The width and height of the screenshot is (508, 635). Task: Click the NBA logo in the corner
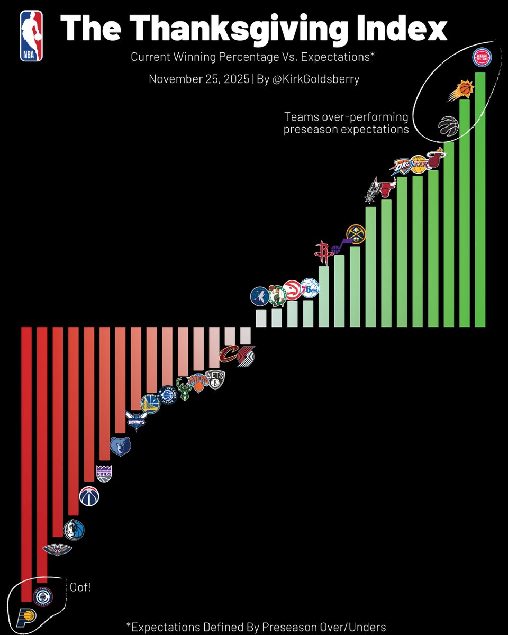31,36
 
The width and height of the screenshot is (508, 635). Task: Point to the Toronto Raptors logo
448,126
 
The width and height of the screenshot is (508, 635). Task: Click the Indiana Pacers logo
27,616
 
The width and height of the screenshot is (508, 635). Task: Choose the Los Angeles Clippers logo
43,596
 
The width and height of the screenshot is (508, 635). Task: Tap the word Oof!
80,587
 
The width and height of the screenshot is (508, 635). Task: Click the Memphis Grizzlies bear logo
120,447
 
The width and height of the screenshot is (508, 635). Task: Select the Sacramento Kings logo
104,472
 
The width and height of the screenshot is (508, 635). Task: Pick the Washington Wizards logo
89,496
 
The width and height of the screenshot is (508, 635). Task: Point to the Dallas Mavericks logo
74,530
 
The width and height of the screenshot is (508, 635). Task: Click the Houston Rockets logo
323,252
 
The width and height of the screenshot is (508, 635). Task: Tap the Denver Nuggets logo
355,234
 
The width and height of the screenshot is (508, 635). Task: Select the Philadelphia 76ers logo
310,288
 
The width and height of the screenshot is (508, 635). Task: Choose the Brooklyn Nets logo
215,379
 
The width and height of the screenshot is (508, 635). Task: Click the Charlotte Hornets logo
135,421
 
